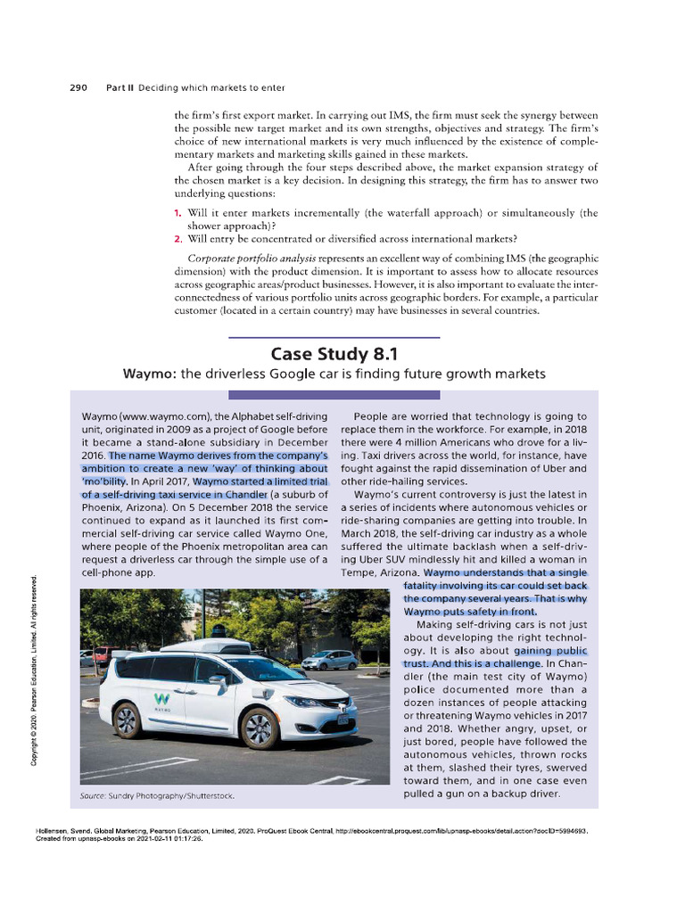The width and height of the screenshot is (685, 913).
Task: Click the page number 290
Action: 78,87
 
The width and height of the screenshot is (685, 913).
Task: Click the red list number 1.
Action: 178,213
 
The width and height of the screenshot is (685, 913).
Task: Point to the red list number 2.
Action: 178,237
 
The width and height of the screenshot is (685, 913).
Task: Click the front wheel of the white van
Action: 260,727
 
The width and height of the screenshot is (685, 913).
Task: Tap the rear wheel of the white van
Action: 127,720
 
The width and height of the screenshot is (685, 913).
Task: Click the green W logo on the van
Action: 162,698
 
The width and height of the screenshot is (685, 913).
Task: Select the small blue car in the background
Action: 329,660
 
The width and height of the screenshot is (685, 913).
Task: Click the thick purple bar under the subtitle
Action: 334,394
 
